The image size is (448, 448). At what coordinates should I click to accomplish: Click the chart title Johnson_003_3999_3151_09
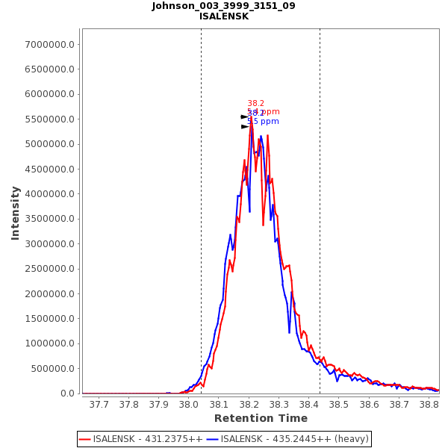tap(223, 6)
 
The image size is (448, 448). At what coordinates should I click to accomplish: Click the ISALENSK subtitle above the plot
tap(223, 16)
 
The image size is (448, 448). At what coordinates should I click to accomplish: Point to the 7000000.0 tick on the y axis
tap(50, 45)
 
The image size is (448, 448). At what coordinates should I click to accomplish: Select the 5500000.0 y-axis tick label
tap(50, 119)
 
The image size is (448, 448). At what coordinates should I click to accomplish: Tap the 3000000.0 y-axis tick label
tap(50, 244)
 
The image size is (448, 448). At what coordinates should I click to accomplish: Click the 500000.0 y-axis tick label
tap(52, 369)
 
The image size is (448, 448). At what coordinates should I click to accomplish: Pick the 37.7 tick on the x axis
tap(99, 405)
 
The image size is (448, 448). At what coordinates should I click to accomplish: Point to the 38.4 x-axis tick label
tap(309, 405)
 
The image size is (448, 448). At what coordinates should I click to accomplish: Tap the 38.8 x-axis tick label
tap(429, 405)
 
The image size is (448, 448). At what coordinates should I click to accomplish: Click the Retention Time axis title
tap(261, 419)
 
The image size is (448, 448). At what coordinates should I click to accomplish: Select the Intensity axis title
tap(16, 213)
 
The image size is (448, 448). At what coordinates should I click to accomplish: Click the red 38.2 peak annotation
tap(255, 104)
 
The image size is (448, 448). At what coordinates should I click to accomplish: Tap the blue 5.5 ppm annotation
tap(263, 122)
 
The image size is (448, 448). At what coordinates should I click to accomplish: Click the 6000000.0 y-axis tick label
tap(50, 95)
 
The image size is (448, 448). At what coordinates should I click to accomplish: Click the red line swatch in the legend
tap(85, 439)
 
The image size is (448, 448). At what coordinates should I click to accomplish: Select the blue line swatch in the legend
tap(213, 439)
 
